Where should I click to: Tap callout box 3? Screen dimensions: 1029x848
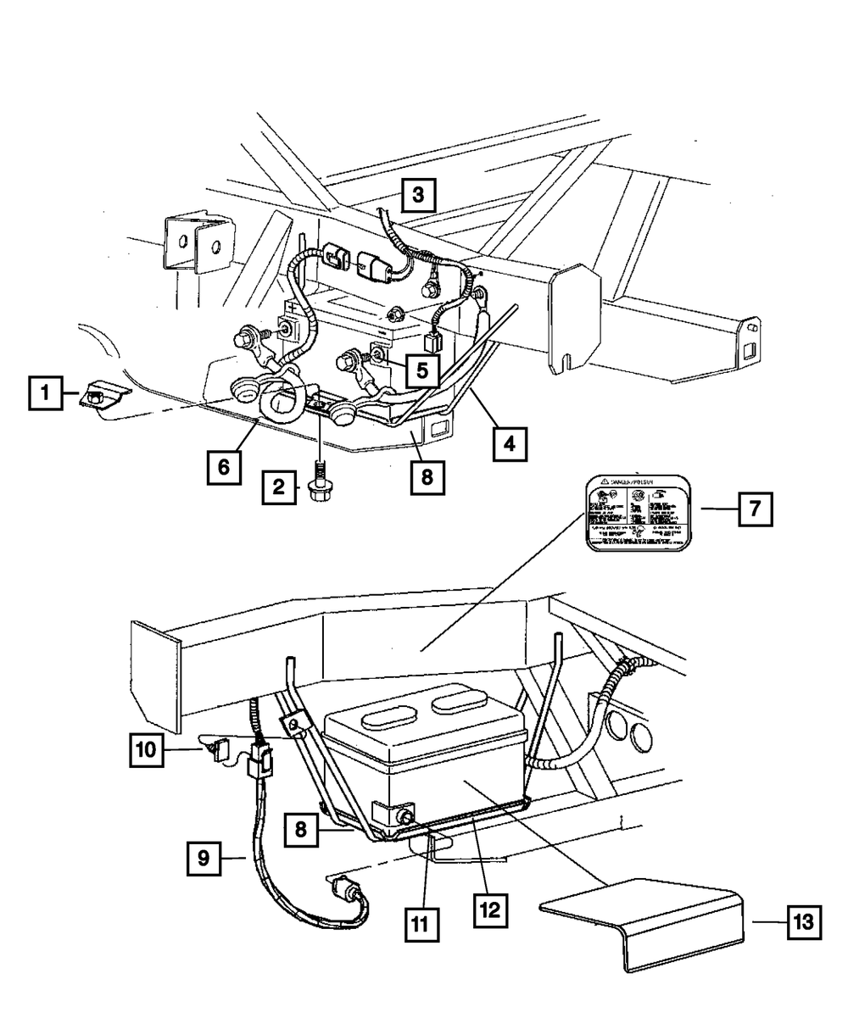418,196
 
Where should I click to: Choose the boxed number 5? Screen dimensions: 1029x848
421,369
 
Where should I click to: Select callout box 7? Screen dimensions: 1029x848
754,510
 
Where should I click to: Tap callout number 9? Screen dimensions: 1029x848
204,858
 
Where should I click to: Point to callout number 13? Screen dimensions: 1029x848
804,921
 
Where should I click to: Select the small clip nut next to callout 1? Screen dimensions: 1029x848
99,395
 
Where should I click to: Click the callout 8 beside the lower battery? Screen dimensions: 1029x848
301,829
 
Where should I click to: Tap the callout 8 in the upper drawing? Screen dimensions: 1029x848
425,476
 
